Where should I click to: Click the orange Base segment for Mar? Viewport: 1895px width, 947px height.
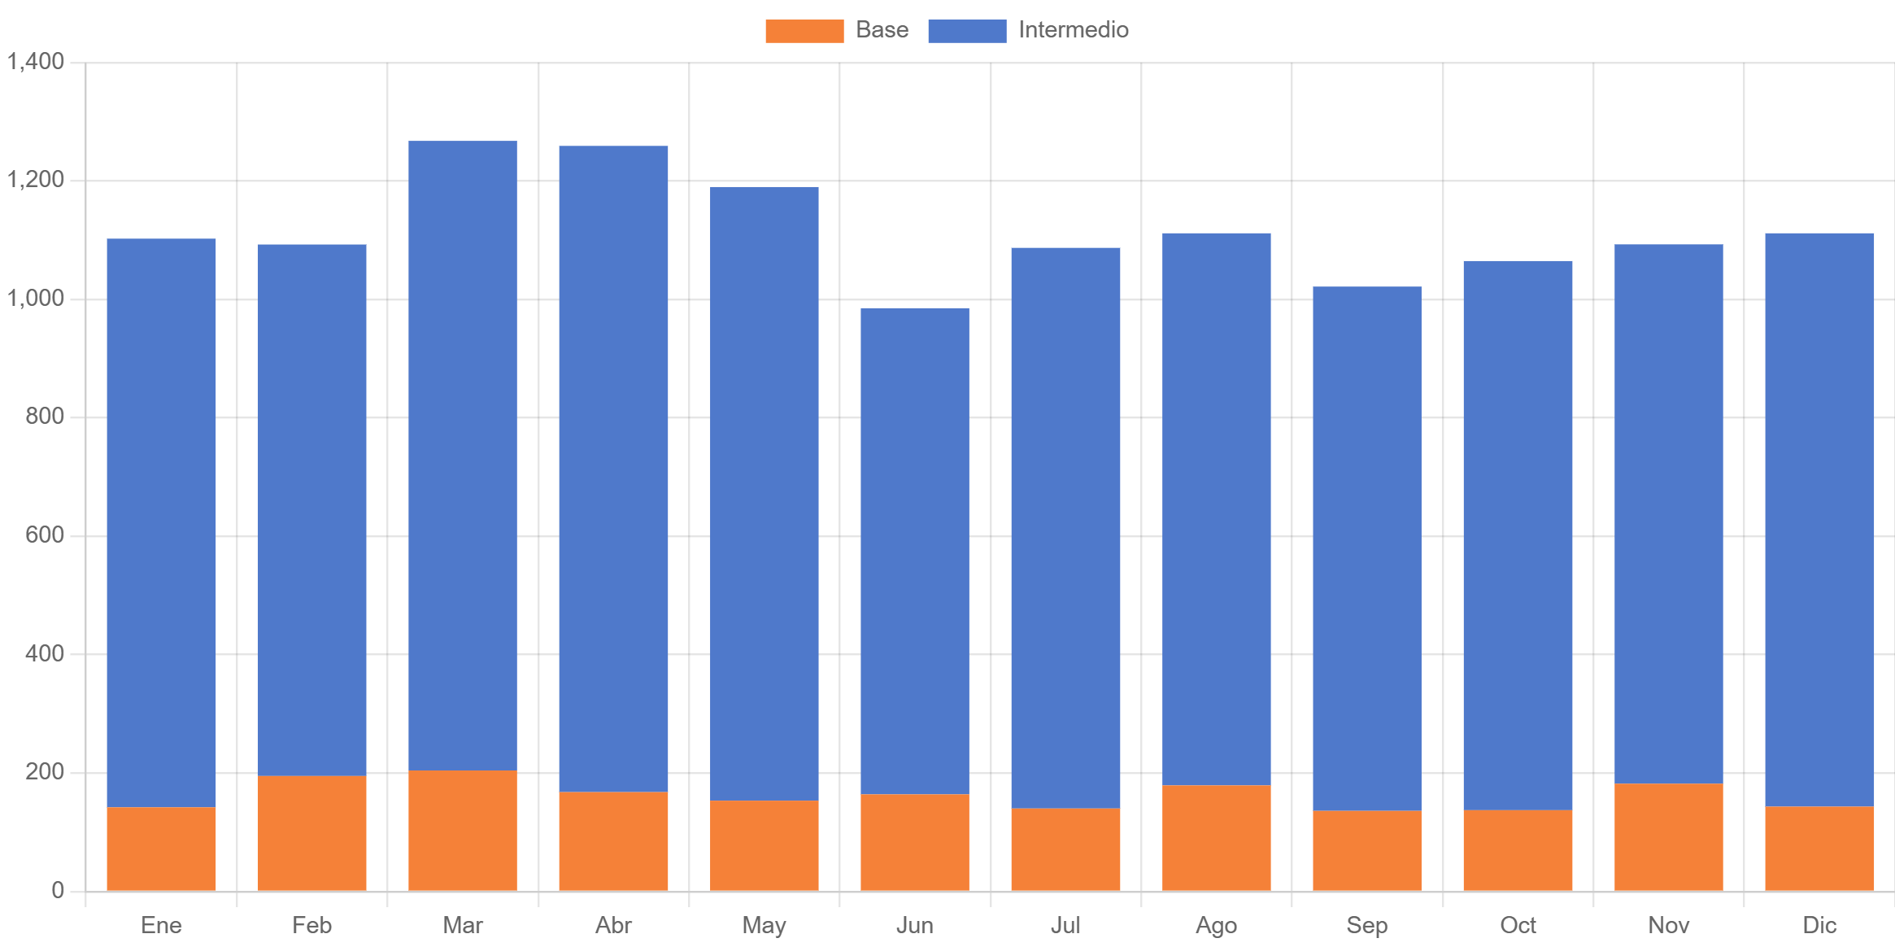coord(462,830)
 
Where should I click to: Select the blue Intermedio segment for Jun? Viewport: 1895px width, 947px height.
coord(915,551)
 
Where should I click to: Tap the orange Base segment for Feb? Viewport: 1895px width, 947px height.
coord(311,833)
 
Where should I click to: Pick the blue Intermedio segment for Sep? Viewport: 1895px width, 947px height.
coord(1367,548)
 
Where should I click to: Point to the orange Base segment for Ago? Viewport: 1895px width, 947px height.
coord(1216,837)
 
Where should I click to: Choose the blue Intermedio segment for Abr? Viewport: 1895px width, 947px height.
coord(613,469)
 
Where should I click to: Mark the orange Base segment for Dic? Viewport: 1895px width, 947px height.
coord(1819,848)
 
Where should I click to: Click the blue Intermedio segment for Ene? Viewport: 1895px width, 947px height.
coord(161,522)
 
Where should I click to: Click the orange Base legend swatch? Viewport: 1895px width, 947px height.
coord(804,31)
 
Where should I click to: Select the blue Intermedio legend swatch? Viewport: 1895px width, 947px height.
coord(967,31)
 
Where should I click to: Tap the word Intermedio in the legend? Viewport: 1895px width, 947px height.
coord(1073,30)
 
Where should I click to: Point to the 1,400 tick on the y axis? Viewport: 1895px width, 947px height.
coord(36,61)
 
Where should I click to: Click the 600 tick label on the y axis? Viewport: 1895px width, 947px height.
coord(45,535)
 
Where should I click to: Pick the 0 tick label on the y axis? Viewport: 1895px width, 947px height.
coord(58,889)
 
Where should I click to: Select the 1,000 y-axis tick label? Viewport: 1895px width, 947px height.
coord(36,298)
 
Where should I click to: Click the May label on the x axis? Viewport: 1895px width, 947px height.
coord(764,925)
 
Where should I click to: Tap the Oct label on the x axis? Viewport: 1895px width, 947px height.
coord(1518,925)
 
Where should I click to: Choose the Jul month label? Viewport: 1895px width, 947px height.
coord(1065,925)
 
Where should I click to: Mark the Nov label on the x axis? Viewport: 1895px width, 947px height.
coord(1668,925)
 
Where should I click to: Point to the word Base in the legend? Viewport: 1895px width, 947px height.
coord(882,30)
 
